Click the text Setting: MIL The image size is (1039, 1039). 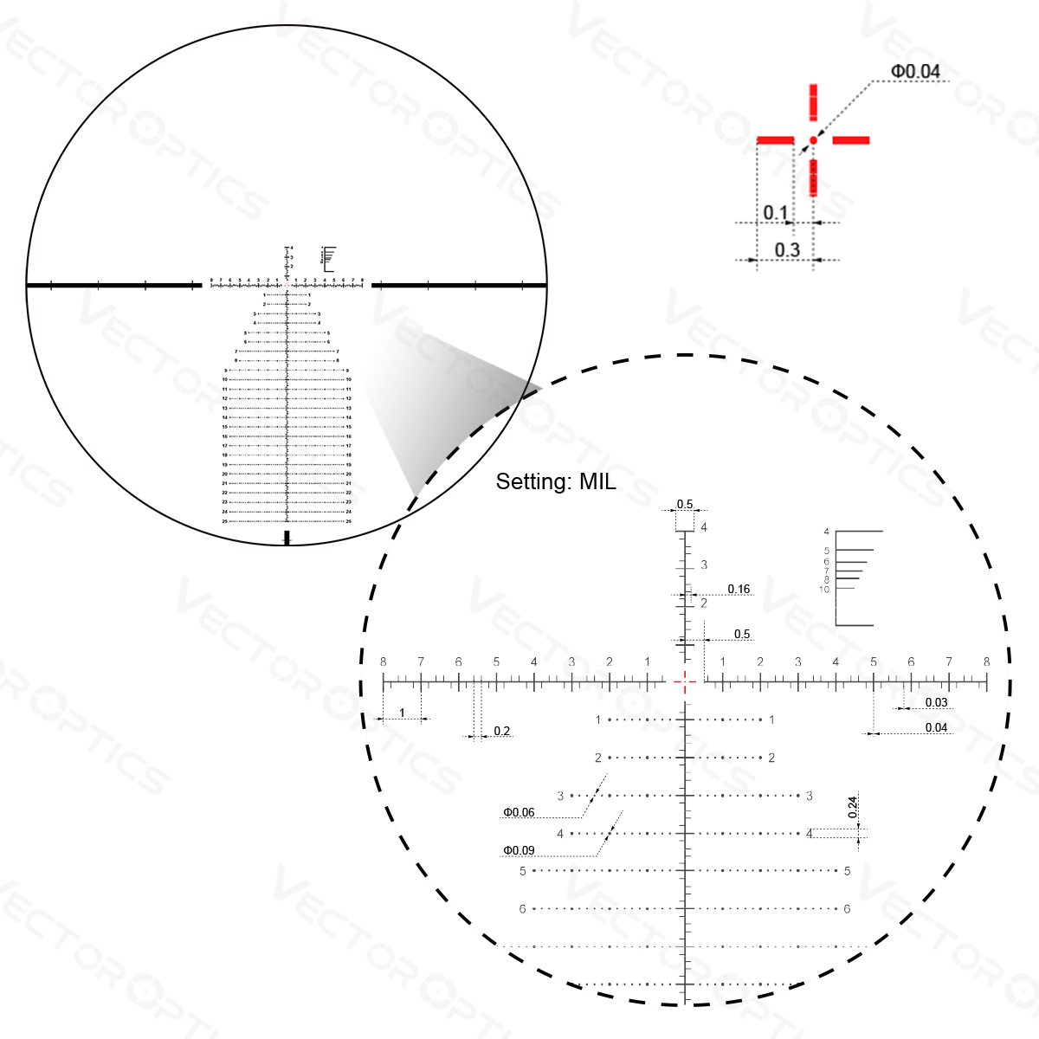pyautogui.click(x=555, y=482)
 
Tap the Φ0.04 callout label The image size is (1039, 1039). pyautogui.click(x=915, y=71)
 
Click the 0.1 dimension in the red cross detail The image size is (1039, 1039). pyautogui.click(x=776, y=212)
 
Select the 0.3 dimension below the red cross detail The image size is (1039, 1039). pyautogui.click(x=786, y=250)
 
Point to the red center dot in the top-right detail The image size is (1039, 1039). pyautogui.click(x=813, y=139)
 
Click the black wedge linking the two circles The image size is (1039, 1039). pyautogui.click(x=433, y=394)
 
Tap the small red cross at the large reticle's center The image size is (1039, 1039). pyautogui.click(x=685, y=682)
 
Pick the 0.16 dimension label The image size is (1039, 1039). pyautogui.click(x=739, y=590)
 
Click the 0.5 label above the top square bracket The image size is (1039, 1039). pyautogui.click(x=685, y=504)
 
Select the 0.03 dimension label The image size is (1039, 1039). pyautogui.click(x=936, y=702)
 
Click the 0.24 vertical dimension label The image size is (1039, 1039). pyautogui.click(x=852, y=807)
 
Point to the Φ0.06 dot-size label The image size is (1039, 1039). pyautogui.click(x=519, y=812)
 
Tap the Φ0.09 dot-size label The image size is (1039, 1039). pyautogui.click(x=519, y=850)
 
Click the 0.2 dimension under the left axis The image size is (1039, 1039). pyautogui.click(x=501, y=732)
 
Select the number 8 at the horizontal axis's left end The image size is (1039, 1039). pyautogui.click(x=384, y=662)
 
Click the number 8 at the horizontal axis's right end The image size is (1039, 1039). pyautogui.click(x=987, y=662)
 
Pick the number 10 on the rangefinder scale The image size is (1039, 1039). pyautogui.click(x=823, y=590)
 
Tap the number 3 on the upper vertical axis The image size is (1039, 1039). pyautogui.click(x=704, y=565)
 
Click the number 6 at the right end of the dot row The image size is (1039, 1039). pyautogui.click(x=847, y=909)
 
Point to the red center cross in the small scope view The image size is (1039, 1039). pyautogui.click(x=287, y=284)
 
